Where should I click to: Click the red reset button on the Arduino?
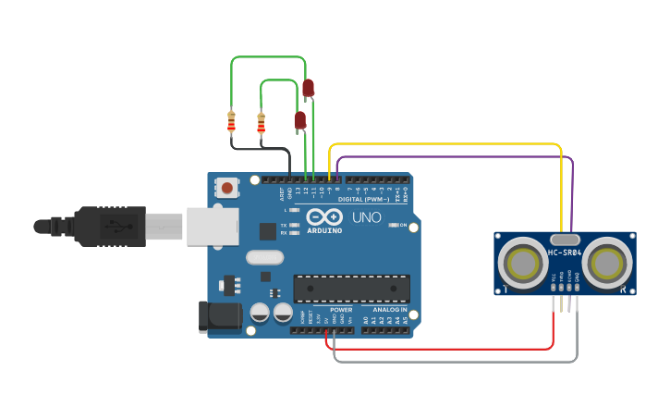point(226,188)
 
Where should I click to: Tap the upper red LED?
point(308,88)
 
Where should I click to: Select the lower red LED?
point(299,119)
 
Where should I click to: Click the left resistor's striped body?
point(231,121)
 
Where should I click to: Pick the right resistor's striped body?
point(261,122)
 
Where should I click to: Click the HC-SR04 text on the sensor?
point(564,253)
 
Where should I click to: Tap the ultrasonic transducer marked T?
point(522,263)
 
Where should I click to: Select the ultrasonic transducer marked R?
point(607,263)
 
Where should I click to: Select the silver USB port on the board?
point(213,226)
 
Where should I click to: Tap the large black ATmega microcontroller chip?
point(351,288)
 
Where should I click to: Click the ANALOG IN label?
point(390,310)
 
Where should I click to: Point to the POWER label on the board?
point(341,310)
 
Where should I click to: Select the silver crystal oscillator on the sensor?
point(564,238)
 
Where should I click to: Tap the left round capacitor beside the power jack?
point(260,313)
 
